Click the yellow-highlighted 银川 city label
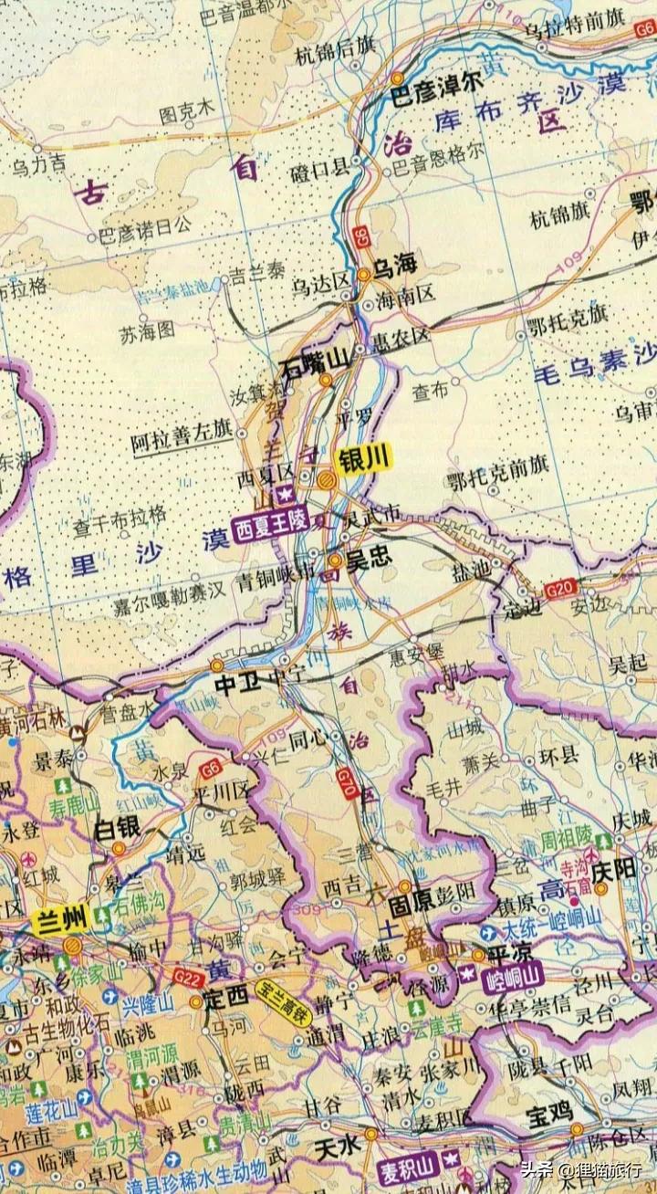pos(363,460)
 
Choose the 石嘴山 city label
pos(316,365)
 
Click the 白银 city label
pos(118,828)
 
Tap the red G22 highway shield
pos(187,979)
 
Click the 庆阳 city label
pos(612,870)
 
